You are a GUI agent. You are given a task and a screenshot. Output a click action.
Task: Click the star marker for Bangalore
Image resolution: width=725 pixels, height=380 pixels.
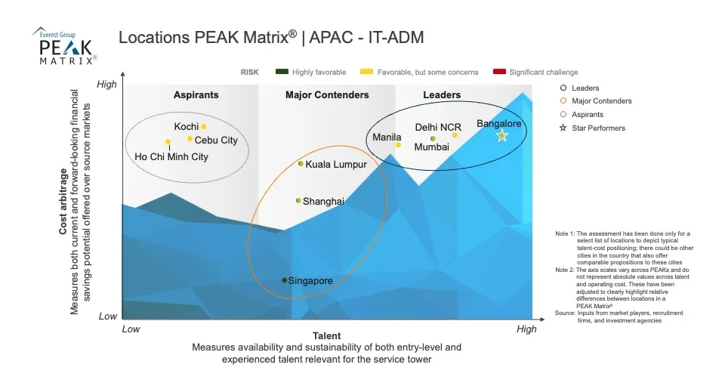(x=502, y=135)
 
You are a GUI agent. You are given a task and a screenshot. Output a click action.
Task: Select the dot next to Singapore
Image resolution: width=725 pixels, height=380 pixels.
(x=285, y=280)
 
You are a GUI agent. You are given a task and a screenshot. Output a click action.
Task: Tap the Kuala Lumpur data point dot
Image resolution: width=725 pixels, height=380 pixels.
(x=301, y=164)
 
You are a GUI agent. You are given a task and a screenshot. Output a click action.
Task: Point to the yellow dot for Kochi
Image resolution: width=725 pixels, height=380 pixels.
(x=203, y=127)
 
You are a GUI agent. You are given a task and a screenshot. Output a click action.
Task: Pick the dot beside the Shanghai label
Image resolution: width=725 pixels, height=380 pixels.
(x=298, y=201)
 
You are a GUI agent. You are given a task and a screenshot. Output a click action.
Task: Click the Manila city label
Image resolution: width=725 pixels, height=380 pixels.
(x=387, y=137)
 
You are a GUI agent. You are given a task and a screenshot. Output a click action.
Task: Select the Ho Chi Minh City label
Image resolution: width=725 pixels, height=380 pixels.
(x=171, y=157)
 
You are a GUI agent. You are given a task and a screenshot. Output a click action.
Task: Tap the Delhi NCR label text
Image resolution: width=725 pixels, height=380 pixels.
(x=438, y=127)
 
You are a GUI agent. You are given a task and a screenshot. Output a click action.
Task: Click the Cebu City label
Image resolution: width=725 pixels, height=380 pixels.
(x=216, y=141)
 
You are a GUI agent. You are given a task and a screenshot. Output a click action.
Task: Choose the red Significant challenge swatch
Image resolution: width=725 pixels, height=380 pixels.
(x=498, y=73)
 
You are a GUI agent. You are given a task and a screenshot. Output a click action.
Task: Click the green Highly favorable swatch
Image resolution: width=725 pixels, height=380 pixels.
(x=282, y=73)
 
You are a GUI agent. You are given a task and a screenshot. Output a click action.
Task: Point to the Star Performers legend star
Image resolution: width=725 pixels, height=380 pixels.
(x=563, y=128)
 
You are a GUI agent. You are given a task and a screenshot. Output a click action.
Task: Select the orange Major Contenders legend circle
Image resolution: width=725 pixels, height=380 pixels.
(x=563, y=100)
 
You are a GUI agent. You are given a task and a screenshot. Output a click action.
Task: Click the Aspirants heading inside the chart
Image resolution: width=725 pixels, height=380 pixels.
(x=196, y=95)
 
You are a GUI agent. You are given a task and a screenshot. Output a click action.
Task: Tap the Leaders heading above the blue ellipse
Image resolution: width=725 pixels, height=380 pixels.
(x=442, y=95)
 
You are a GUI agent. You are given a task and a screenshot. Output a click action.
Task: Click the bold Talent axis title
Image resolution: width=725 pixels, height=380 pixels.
(x=326, y=335)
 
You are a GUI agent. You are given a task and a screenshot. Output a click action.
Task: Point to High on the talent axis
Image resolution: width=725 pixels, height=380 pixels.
(x=526, y=329)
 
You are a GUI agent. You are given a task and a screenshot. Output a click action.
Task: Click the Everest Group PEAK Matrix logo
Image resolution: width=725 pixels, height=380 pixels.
(x=66, y=45)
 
